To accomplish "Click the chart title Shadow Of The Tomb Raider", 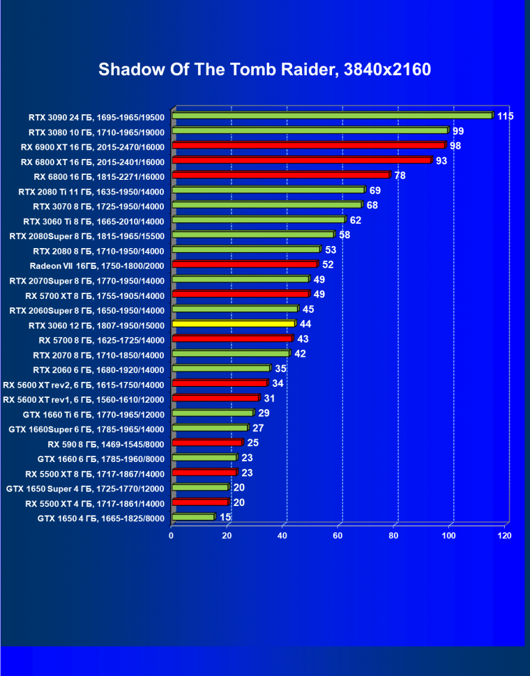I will (x=264, y=69).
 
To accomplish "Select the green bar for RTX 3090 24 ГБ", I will (x=332, y=116).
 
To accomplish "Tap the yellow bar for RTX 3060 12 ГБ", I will (x=234, y=324).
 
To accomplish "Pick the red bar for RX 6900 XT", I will (x=308, y=146).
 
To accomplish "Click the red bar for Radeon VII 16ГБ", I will (x=244, y=265).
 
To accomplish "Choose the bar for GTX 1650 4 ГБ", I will (x=193, y=517).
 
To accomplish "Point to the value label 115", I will (x=505, y=116).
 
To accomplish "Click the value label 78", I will (x=400, y=176).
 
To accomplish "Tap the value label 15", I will (x=225, y=517).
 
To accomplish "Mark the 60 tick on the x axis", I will (x=338, y=535).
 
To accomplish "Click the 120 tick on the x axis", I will (x=505, y=535).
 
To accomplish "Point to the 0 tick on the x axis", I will (x=172, y=535).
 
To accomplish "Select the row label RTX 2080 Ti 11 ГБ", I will (x=97, y=191).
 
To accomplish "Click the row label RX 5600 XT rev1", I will (x=84, y=399).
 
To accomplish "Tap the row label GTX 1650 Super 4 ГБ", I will (x=85, y=489).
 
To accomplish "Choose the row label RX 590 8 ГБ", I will (x=106, y=444).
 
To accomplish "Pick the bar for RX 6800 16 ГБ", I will (x=280, y=176).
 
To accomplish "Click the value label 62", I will (x=356, y=220).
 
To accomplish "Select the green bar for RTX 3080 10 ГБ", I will (x=310, y=131).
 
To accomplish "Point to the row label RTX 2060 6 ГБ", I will (x=98, y=369).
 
